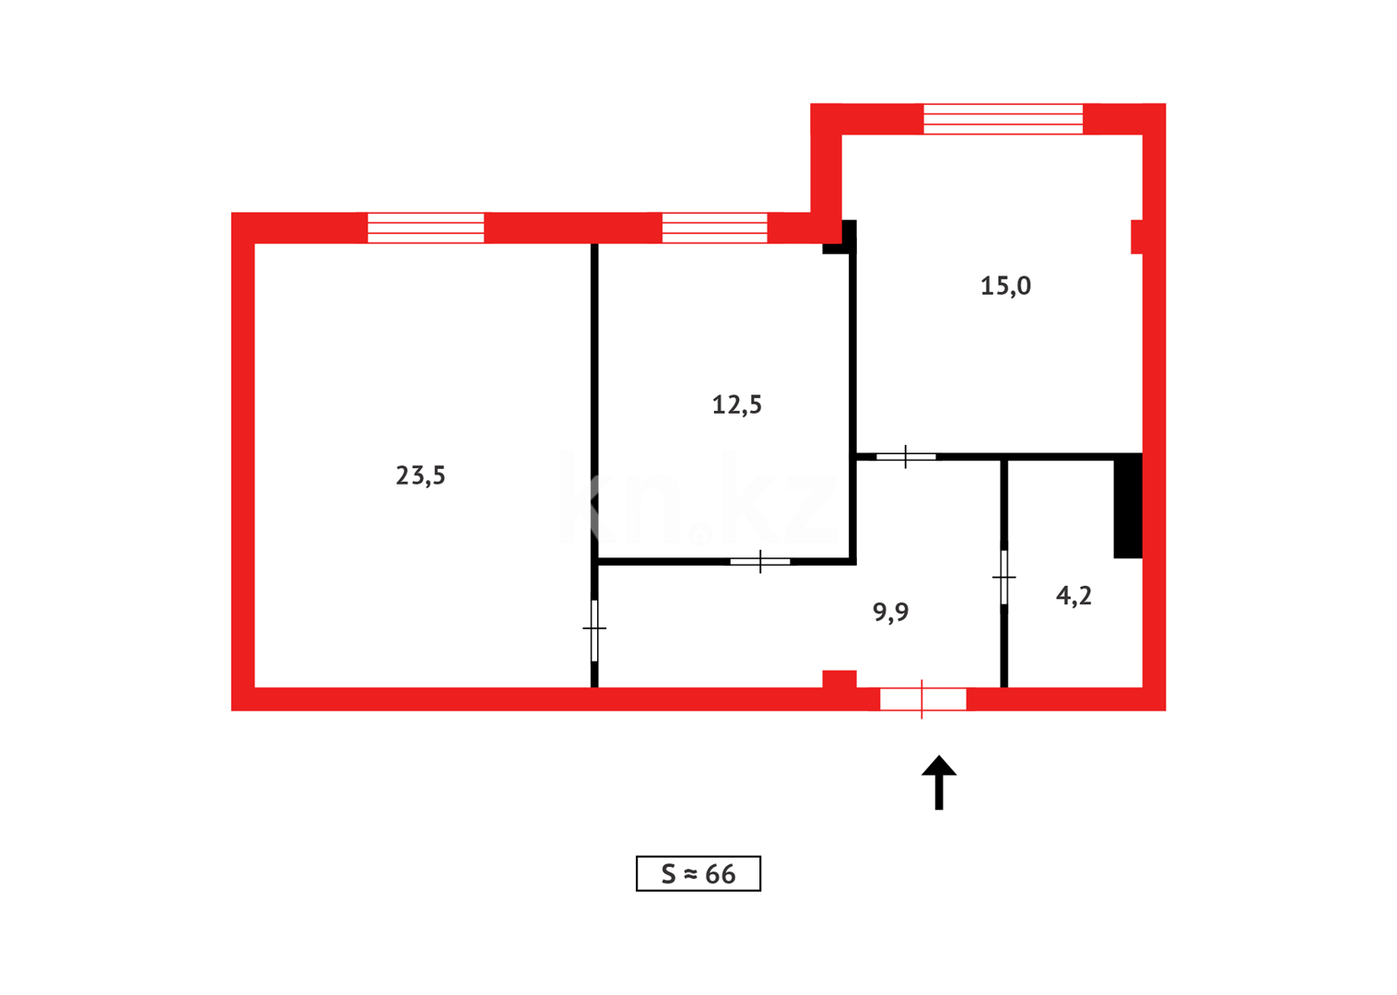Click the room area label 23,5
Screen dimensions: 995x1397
pyautogui.click(x=420, y=475)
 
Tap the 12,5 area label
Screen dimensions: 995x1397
pyautogui.click(x=736, y=404)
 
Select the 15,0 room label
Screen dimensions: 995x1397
pyautogui.click(x=1005, y=286)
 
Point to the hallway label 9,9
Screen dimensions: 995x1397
pyautogui.click(x=890, y=612)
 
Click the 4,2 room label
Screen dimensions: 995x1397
pyautogui.click(x=1074, y=596)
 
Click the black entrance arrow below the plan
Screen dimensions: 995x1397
pyautogui.click(x=939, y=782)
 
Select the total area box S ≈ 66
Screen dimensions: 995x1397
pyautogui.click(x=698, y=873)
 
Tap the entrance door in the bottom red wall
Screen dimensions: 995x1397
pyautogui.click(x=922, y=699)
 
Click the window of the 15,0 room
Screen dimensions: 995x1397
pyautogui.click(x=1003, y=119)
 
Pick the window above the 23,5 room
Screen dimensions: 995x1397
pyautogui.click(x=426, y=228)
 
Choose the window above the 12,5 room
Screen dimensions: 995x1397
pyautogui.click(x=714, y=228)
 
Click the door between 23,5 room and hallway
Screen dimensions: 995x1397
pyautogui.click(x=594, y=629)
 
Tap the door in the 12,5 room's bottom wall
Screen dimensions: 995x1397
pyautogui.click(x=760, y=561)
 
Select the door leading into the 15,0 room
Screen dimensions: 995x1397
pyautogui.click(x=906, y=456)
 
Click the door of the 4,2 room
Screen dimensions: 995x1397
pyautogui.click(x=1004, y=578)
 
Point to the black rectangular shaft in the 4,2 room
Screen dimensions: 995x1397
pyautogui.click(x=1128, y=507)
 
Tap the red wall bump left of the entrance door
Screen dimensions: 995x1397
pyautogui.click(x=839, y=679)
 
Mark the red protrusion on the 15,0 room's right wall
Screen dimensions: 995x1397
pyautogui.click(x=1136, y=236)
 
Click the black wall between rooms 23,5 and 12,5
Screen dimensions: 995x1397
pyautogui.click(x=594, y=396)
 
